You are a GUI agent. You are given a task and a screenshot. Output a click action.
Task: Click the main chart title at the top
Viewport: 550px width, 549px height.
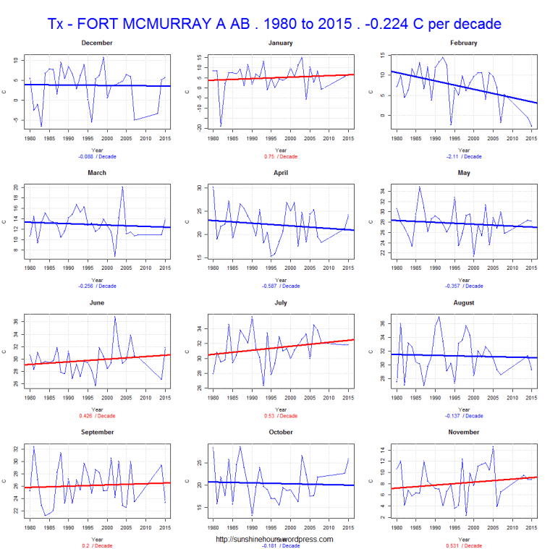[x=274, y=24]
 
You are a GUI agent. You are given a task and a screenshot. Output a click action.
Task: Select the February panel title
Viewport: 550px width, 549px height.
[x=463, y=43]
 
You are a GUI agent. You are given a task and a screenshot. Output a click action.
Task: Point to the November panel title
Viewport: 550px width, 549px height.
[x=463, y=432]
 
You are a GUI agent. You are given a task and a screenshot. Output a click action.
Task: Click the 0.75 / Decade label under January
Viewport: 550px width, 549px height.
[x=280, y=156]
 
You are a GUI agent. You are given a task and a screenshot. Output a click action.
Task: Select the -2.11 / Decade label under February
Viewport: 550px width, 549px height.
[x=463, y=156]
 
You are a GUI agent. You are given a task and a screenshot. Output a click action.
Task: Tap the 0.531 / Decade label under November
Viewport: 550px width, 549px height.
[x=463, y=545]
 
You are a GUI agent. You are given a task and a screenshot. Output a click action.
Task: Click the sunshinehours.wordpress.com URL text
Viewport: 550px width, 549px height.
[x=274, y=539]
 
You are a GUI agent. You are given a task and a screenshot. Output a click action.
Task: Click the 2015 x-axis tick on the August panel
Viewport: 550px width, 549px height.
[x=531, y=396]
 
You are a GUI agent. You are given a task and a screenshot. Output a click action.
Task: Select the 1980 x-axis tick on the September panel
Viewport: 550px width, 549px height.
[x=30, y=526]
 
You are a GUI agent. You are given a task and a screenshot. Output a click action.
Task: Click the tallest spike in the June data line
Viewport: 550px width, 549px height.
[x=114, y=316]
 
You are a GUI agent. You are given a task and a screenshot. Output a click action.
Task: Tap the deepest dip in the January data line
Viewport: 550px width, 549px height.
[x=221, y=126]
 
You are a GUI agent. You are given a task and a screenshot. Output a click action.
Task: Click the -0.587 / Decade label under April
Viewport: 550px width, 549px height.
[x=280, y=286]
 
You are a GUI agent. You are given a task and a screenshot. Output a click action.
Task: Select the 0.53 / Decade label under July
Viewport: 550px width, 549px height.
[x=280, y=415]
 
